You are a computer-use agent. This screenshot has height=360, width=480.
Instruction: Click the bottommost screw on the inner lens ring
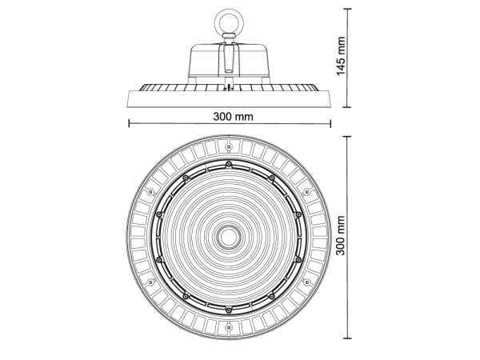pos(229,309)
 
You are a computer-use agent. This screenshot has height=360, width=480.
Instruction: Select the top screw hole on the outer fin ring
pos(229,147)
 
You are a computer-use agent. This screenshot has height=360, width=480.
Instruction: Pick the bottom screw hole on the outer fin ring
pos(229,326)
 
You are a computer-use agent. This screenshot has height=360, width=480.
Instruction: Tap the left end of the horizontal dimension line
pos(129,123)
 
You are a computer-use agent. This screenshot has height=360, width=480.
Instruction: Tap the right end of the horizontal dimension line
pos(330,123)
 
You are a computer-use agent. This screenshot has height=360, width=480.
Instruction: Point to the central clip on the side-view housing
pos(229,58)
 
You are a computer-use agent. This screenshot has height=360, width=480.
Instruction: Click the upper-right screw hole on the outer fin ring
pos(307,192)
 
